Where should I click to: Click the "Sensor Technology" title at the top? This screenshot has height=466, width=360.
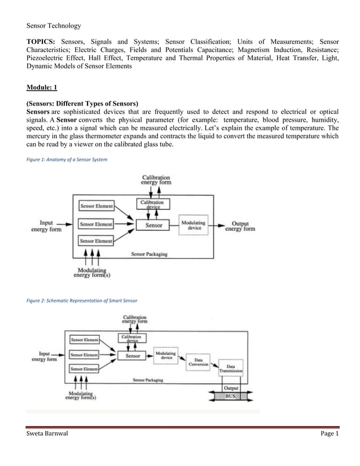click(54, 26)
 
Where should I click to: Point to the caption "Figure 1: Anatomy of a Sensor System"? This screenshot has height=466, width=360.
click(67, 160)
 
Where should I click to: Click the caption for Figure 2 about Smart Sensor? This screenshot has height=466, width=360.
click(82, 300)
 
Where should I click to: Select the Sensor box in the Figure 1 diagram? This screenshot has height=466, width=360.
click(153, 225)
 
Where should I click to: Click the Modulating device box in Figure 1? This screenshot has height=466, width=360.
click(193, 225)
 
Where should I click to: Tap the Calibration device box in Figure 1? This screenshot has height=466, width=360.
click(152, 204)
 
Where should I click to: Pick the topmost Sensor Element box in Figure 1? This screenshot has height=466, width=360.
click(96, 206)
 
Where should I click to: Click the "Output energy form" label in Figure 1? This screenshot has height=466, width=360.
click(240, 226)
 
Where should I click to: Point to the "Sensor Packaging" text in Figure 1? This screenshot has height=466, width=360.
click(149, 254)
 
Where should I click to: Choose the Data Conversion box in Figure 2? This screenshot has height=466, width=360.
click(199, 362)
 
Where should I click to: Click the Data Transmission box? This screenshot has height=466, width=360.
click(231, 368)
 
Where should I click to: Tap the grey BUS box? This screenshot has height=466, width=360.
click(231, 396)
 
